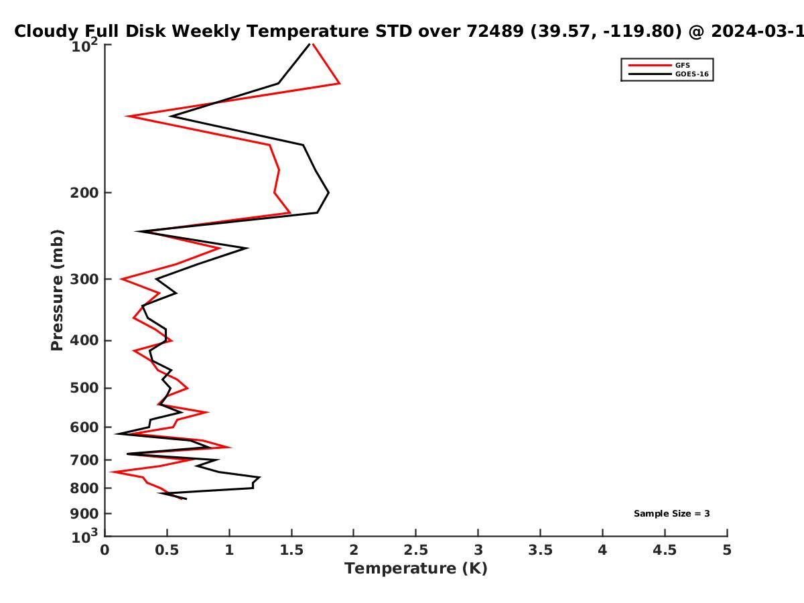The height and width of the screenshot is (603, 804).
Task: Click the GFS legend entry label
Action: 682,66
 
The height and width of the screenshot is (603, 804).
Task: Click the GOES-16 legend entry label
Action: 692,74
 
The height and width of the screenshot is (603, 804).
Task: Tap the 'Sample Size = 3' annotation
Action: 672,514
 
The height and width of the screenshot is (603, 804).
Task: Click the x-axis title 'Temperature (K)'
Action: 416,569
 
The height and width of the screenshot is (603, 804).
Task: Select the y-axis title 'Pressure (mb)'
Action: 57,290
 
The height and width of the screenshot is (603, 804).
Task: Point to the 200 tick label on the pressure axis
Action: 84,192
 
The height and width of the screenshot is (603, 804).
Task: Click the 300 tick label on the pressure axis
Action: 84,279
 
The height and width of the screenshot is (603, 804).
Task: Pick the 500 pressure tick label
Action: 84,388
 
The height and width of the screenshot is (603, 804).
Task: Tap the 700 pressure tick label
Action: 84,460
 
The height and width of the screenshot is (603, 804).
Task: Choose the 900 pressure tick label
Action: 84,514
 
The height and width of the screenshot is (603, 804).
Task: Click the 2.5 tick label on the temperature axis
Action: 416,550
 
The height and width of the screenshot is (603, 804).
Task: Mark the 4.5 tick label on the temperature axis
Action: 665,550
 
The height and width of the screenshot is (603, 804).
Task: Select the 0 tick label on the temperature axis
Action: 105,550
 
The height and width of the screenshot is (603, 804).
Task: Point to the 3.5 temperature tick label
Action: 540,550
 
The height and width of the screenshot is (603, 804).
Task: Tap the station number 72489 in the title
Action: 495,31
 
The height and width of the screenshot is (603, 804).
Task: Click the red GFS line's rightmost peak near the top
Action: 340,84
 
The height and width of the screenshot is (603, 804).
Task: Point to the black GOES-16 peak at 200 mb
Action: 328,192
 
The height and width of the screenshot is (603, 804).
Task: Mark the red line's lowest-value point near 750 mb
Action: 111,472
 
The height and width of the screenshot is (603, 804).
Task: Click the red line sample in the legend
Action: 650,66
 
